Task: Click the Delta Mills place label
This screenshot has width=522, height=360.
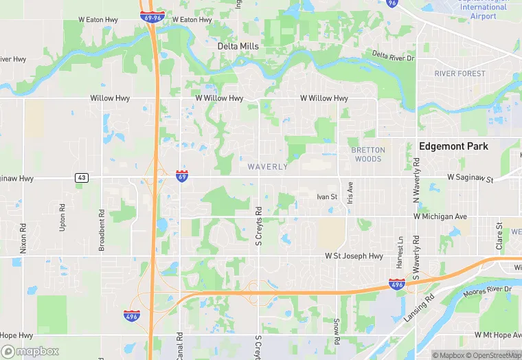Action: click(x=238, y=46)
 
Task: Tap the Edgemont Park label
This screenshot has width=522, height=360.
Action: click(x=453, y=146)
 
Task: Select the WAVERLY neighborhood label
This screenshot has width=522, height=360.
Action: click(x=267, y=166)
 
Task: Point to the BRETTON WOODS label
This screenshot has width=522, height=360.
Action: click(x=368, y=154)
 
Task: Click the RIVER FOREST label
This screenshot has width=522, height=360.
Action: click(x=459, y=74)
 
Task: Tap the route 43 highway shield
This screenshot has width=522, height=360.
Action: click(x=82, y=178)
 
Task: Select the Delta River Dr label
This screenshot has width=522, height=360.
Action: click(x=394, y=56)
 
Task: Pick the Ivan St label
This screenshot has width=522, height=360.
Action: click(x=327, y=197)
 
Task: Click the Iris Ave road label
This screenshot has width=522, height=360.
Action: click(x=350, y=192)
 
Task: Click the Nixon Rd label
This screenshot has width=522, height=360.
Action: click(x=23, y=238)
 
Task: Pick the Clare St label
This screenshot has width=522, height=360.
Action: click(x=499, y=235)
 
